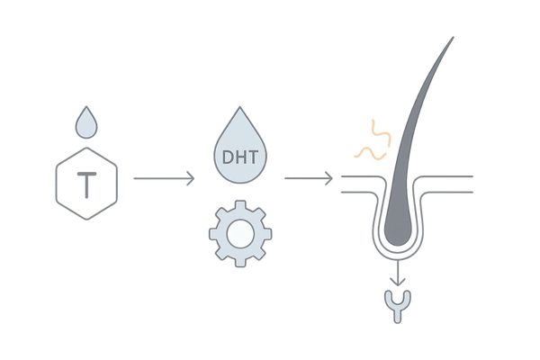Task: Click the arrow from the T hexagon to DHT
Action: point(162,179)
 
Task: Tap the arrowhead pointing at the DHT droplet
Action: point(192,179)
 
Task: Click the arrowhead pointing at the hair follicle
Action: point(330,179)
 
